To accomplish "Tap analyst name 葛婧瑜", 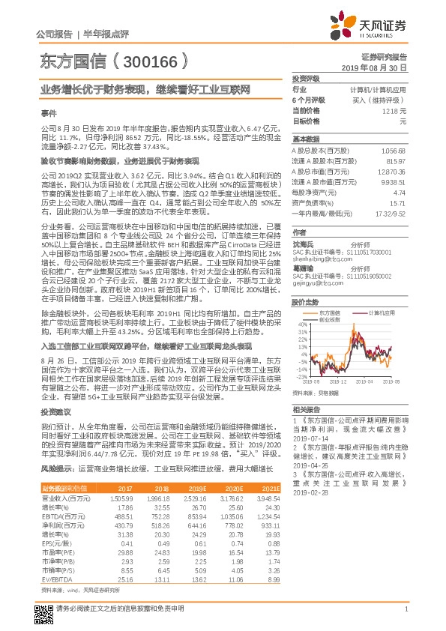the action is (x=304, y=267).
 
